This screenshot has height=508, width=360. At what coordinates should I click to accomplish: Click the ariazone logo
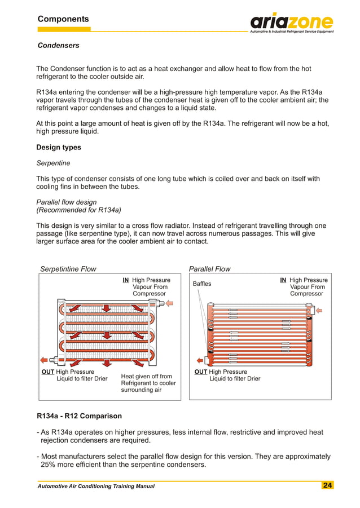(x=291, y=22)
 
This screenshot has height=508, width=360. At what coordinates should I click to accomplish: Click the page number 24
(x=327, y=485)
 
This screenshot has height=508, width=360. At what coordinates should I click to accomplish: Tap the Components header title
(x=63, y=19)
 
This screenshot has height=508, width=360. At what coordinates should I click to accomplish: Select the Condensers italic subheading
(x=58, y=45)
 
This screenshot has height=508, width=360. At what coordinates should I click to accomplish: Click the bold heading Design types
(x=59, y=147)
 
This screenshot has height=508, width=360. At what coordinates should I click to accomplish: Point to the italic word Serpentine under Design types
(x=53, y=163)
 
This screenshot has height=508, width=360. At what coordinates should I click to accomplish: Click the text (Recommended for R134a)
(x=79, y=210)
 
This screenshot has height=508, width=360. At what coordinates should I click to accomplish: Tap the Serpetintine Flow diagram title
(x=68, y=269)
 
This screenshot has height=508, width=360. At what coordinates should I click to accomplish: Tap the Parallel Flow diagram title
(x=209, y=269)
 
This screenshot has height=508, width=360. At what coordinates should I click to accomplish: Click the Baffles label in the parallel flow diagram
(x=202, y=284)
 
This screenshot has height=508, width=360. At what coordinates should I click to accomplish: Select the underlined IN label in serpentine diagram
(x=126, y=280)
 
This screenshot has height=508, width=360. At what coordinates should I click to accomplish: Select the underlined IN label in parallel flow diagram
(x=283, y=280)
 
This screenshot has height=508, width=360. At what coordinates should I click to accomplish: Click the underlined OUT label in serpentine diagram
(x=47, y=372)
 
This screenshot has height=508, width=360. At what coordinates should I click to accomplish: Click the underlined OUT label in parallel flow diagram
(x=200, y=372)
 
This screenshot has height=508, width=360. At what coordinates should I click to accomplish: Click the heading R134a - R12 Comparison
(x=79, y=416)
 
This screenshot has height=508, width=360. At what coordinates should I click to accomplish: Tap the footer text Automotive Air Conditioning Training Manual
(x=95, y=486)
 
